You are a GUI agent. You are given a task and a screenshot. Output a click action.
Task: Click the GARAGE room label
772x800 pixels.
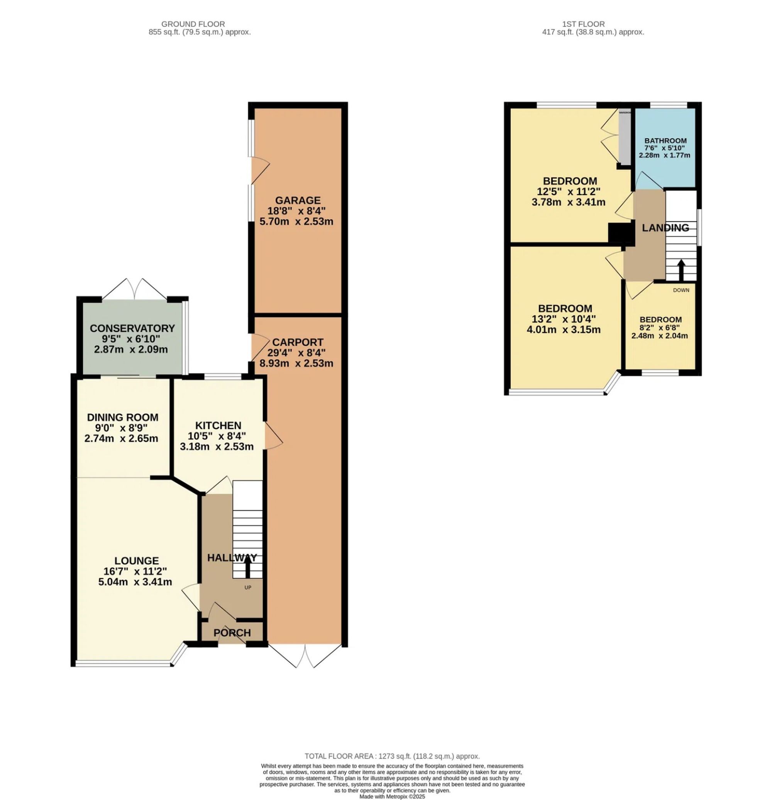(x=297, y=200)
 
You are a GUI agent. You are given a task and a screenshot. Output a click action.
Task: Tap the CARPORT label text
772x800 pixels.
(x=297, y=342)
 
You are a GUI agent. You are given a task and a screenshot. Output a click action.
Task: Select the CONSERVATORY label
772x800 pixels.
(x=132, y=328)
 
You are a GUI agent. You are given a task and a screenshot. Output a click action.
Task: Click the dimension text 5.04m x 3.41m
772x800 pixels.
(x=135, y=582)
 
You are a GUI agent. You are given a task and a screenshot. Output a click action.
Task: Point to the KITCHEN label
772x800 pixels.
(x=218, y=425)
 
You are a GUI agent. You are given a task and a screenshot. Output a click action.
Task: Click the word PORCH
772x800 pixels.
(x=232, y=633)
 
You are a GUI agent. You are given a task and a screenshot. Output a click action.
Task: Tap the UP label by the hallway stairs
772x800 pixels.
(x=247, y=587)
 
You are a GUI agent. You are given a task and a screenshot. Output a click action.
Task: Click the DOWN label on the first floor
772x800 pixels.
(x=681, y=290)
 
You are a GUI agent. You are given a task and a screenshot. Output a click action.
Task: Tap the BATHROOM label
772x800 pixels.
(x=665, y=141)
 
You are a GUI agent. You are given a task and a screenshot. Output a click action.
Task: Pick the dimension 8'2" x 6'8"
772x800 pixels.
(x=660, y=328)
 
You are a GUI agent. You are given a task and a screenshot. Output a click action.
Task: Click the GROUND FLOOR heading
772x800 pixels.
(x=193, y=24)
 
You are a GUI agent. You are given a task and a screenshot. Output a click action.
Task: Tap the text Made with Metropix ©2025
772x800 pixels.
(x=392, y=796)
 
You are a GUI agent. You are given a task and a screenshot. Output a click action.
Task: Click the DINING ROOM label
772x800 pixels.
(x=122, y=417)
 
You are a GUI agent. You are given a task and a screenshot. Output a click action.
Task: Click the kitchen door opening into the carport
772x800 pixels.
(x=273, y=436)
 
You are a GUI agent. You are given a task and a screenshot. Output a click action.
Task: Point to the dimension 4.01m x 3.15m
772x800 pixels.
(x=564, y=330)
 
